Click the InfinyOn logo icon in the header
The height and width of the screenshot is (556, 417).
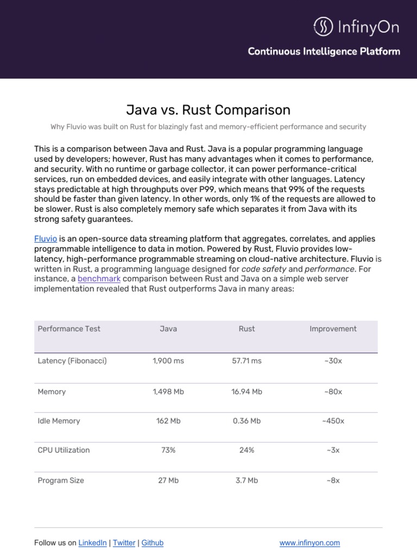(x=324, y=27)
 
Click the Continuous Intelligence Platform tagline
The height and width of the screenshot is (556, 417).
(x=324, y=52)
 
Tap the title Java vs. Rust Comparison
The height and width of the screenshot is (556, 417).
(x=208, y=110)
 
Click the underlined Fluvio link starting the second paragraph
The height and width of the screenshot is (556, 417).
(x=46, y=239)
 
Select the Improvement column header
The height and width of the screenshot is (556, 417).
(x=333, y=328)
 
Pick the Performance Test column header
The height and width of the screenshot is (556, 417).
(x=69, y=328)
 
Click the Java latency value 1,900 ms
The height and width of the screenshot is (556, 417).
(x=168, y=361)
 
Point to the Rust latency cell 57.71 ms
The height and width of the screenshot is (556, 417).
(x=247, y=361)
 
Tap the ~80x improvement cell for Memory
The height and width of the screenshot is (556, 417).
(x=333, y=391)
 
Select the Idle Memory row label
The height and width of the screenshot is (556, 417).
(x=59, y=421)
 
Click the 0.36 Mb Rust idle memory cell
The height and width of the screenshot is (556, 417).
(x=247, y=421)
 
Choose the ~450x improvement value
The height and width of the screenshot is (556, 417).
(x=333, y=421)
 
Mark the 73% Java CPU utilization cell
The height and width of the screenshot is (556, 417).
(x=168, y=450)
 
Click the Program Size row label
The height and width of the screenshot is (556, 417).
(x=61, y=481)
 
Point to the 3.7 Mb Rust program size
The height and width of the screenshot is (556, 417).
(x=247, y=481)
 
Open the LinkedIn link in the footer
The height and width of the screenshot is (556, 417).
(x=93, y=543)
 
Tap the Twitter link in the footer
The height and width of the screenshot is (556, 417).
(x=124, y=543)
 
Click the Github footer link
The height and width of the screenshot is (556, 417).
(x=152, y=543)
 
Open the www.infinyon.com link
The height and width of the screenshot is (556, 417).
(x=309, y=543)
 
